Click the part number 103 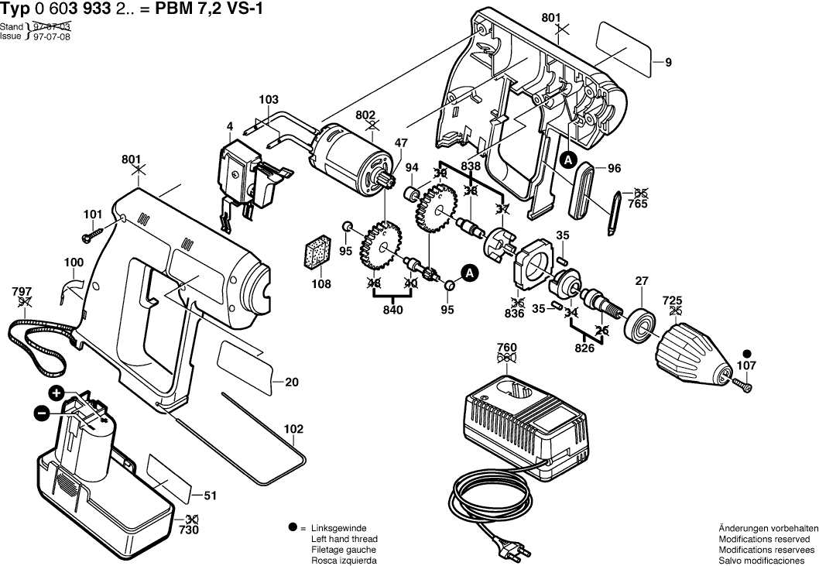pos(268,100)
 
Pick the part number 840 pos(393,310)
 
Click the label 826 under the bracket pos(584,348)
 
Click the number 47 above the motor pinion pos(401,142)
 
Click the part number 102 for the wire pos(294,427)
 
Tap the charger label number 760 pos(507,348)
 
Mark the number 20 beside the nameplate pos(292,382)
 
